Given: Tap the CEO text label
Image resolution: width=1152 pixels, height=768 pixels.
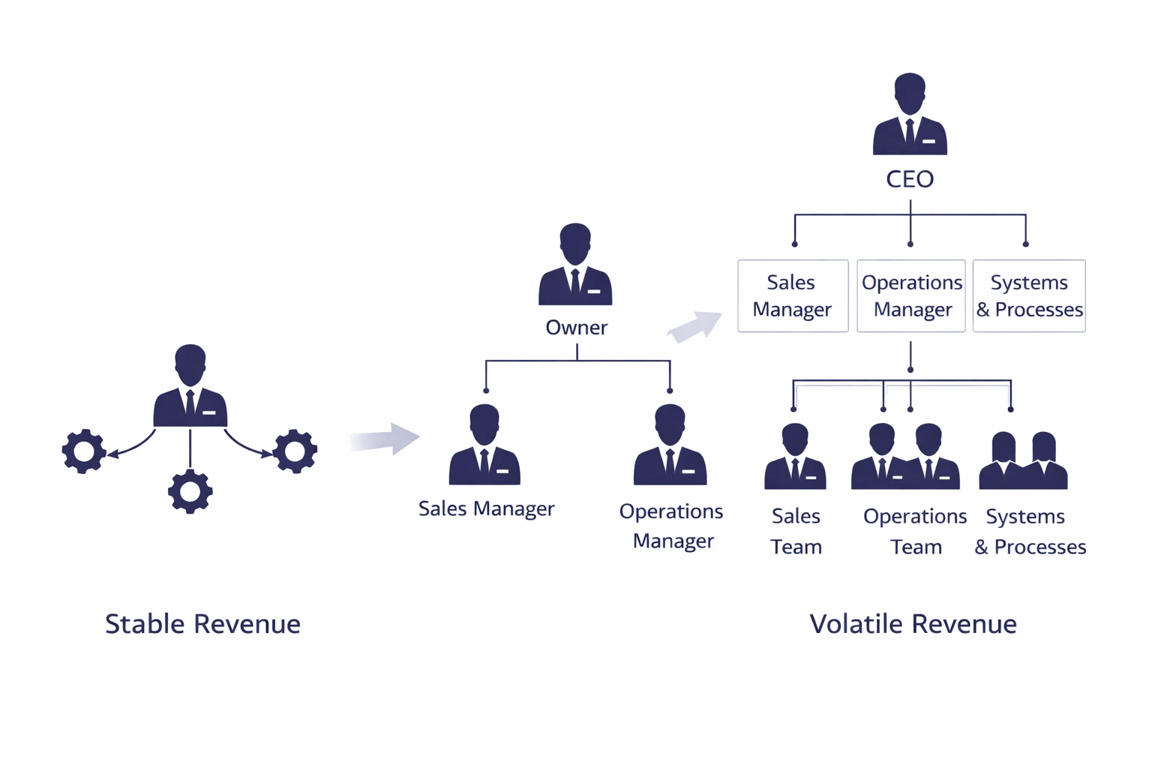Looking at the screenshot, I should pyautogui.click(x=910, y=179).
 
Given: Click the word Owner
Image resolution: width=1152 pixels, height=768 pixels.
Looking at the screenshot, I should pyautogui.click(x=576, y=328).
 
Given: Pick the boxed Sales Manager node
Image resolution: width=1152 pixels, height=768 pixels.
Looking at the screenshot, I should pyautogui.click(x=793, y=295).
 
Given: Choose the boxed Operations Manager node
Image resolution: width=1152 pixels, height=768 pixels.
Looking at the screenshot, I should pyautogui.click(x=911, y=295).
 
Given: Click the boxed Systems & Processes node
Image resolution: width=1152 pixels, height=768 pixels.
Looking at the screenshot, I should pyautogui.click(x=1029, y=295).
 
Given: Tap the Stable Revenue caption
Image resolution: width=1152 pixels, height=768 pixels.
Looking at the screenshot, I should pyautogui.click(x=202, y=624).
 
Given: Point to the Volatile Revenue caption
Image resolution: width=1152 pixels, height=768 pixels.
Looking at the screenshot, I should pyautogui.click(x=913, y=624).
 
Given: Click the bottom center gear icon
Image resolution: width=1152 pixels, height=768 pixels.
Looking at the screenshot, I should pyautogui.click(x=190, y=491).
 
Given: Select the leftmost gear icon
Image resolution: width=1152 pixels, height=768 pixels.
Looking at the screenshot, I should pyautogui.click(x=84, y=451).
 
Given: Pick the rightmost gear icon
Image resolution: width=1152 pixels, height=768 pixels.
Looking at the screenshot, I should pyautogui.click(x=295, y=451).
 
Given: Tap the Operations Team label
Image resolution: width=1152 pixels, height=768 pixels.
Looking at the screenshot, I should pyautogui.click(x=915, y=531).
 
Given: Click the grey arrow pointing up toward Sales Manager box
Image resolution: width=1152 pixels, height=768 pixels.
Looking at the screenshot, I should pyautogui.click(x=695, y=327).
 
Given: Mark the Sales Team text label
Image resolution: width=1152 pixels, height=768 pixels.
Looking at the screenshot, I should pyautogui.click(x=796, y=531).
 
